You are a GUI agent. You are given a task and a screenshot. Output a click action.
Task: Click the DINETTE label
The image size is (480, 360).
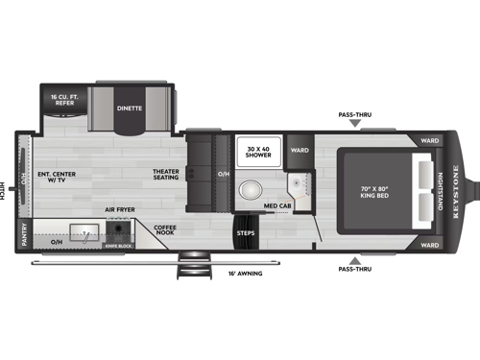tap(130, 108)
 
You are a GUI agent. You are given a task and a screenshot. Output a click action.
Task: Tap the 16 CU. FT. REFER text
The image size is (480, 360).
tap(65, 99)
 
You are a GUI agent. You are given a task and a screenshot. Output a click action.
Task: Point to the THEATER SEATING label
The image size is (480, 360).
tap(165, 177)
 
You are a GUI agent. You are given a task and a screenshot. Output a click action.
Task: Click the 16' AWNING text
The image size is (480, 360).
tap(239, 274)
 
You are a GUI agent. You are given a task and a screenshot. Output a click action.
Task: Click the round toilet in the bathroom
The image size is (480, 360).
tap(252, 189)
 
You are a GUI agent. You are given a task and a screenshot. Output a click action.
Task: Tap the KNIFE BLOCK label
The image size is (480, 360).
tap(119, 247)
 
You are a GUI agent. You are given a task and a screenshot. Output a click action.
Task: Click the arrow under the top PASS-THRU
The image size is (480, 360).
tap(355, 126)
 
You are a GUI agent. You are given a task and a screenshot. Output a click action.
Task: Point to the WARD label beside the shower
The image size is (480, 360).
tap(300, 150)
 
